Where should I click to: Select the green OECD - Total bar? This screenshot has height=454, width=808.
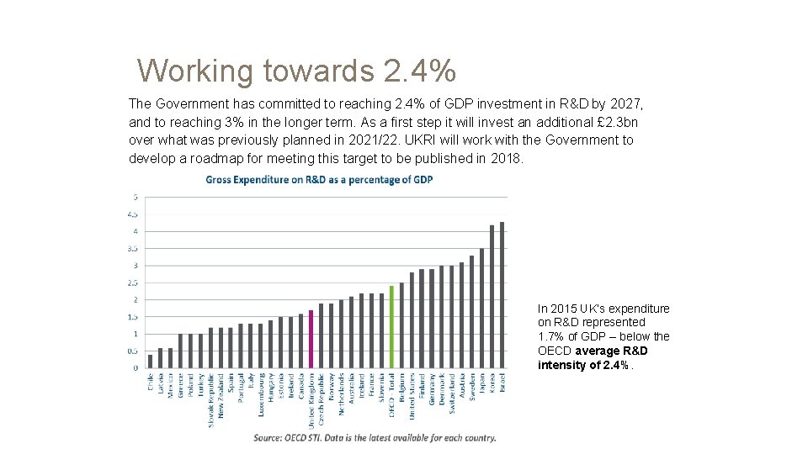click(391, 327)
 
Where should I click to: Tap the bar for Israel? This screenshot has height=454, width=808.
click(502, 295)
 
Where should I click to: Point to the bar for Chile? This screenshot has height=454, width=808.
click(151, 362)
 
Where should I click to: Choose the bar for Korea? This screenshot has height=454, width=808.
click(492, 297)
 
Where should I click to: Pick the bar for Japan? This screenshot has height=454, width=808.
click(482, 309)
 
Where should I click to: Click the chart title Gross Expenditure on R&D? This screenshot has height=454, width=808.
click(319, 180)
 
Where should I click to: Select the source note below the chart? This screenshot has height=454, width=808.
click(375, 437)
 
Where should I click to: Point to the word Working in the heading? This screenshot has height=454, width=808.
click(194, 71)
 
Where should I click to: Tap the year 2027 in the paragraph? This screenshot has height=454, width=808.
click(625, 104)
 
